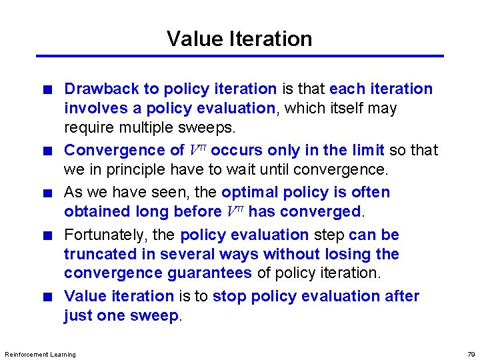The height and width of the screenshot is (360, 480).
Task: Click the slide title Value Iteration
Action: (x=239, y=39)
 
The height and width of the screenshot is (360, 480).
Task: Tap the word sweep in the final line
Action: (x=154, y=316)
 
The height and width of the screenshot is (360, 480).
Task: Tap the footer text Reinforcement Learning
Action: (x=40, y=354)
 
